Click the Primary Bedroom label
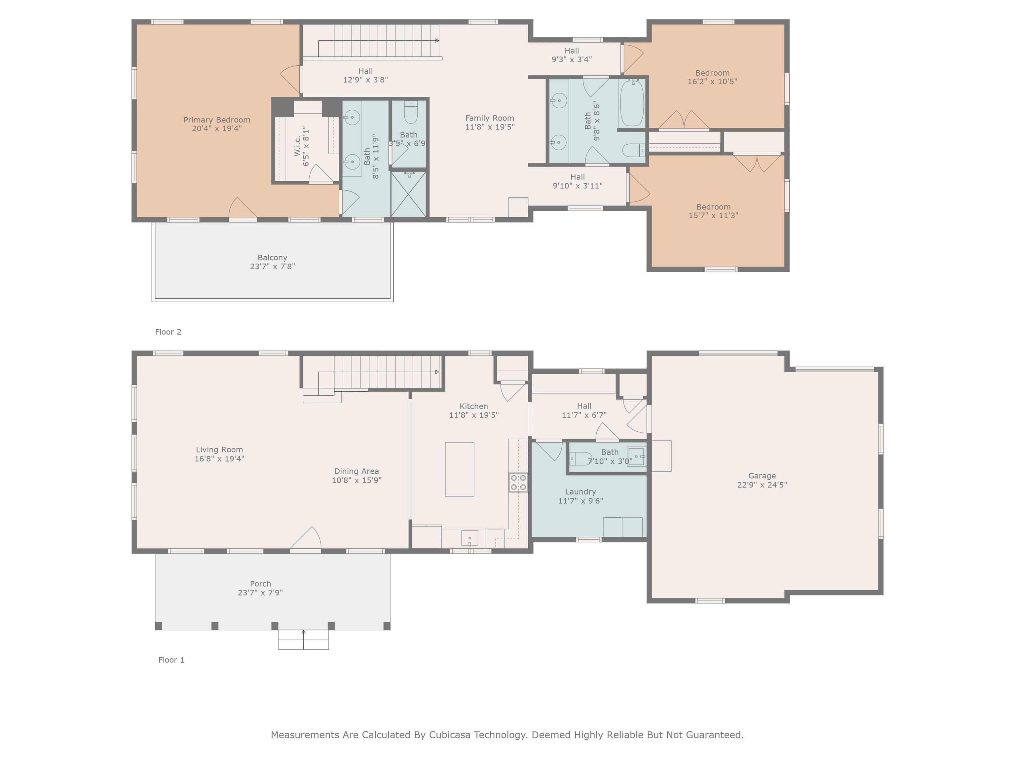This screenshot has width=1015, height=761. (x=217, y=120)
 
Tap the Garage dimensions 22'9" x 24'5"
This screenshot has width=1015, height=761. (x=762, y=485)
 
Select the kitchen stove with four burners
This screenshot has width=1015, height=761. (x=518, y=483)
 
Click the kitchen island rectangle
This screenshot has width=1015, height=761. (x=459, y=469)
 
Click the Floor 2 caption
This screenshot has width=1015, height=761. (x=168, y=332)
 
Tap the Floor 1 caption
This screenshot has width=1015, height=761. (x=171, y=660)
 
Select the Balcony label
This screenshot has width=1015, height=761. (x=272, y=258)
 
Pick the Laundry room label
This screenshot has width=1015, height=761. (x=581, y=492)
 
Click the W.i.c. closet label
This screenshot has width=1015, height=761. (x=297, y=146)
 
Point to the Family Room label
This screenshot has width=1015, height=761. (x=490, y=118)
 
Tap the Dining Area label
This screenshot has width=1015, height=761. (x=357, y=471)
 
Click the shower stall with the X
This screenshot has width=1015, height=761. (x=408, y=194)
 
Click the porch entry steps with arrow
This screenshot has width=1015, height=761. (x=303, y=639)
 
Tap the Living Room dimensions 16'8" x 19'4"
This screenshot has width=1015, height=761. (x=219, y=458)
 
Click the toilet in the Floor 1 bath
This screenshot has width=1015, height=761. (x=581, y=458)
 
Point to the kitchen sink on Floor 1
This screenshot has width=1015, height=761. (x=470, y=538)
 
